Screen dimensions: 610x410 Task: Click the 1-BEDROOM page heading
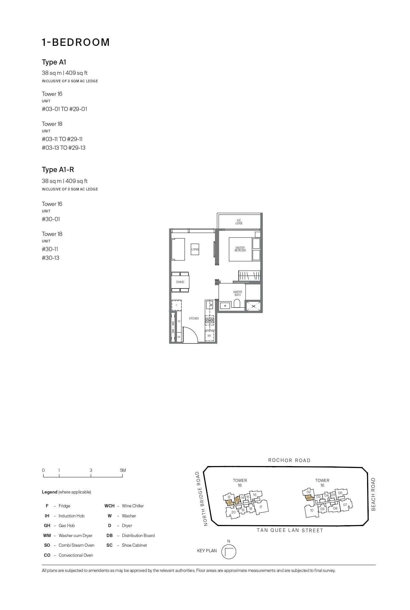coord(76,42)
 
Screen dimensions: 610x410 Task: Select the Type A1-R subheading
coord(58,170)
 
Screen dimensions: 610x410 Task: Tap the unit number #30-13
coord(50,258)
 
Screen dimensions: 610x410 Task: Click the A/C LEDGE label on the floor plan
coord(239,222)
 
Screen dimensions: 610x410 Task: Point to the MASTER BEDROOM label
coord(240,249)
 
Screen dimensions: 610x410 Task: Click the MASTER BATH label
coord(237,293)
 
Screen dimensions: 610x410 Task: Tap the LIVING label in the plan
coord(195,249)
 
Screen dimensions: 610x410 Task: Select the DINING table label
coord(180,282)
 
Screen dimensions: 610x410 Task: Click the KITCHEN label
coord(194,319)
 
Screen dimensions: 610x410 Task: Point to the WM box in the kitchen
coord(209,336)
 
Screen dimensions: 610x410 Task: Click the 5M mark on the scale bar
coord(123,471)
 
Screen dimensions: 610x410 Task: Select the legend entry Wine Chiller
coord(132,506)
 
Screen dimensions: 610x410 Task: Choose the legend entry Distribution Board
coord(138,535)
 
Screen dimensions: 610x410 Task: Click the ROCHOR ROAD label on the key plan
coord(289,461)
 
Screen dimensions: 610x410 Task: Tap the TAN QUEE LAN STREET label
coord(290,530)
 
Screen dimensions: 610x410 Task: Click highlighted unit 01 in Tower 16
coord(309,498)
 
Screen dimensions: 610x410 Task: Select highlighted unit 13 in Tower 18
coord(237,500)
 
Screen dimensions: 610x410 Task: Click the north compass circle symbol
coord(229,552)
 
